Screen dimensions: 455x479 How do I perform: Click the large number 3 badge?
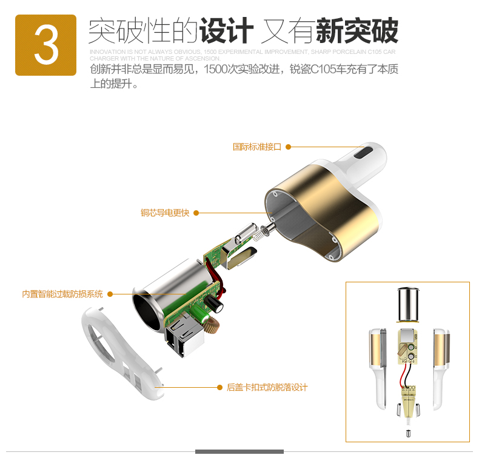coord(45,45)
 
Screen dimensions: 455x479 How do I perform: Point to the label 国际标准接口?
coord(257,147)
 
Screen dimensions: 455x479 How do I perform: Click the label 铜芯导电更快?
coord(165,213)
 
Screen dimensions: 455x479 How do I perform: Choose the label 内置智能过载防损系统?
coord(62,294)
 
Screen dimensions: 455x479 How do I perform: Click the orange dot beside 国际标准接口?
coord(289,147)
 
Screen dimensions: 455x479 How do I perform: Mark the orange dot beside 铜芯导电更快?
coord(196,213)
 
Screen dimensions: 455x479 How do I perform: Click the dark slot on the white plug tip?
coord(366,153)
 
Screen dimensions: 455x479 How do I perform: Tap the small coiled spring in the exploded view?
coord(259,232)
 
